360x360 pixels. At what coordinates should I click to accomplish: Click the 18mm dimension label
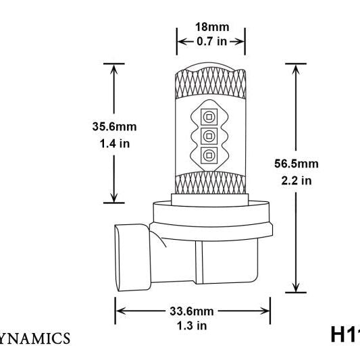[211, 28]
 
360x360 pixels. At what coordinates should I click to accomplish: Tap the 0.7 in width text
[211, 41]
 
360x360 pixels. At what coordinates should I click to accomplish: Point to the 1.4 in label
[114, 143]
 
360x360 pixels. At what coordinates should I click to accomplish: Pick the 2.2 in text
[297, 180]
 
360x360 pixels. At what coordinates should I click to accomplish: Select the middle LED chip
[209, 135]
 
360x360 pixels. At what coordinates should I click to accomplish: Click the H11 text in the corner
[344, 334]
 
